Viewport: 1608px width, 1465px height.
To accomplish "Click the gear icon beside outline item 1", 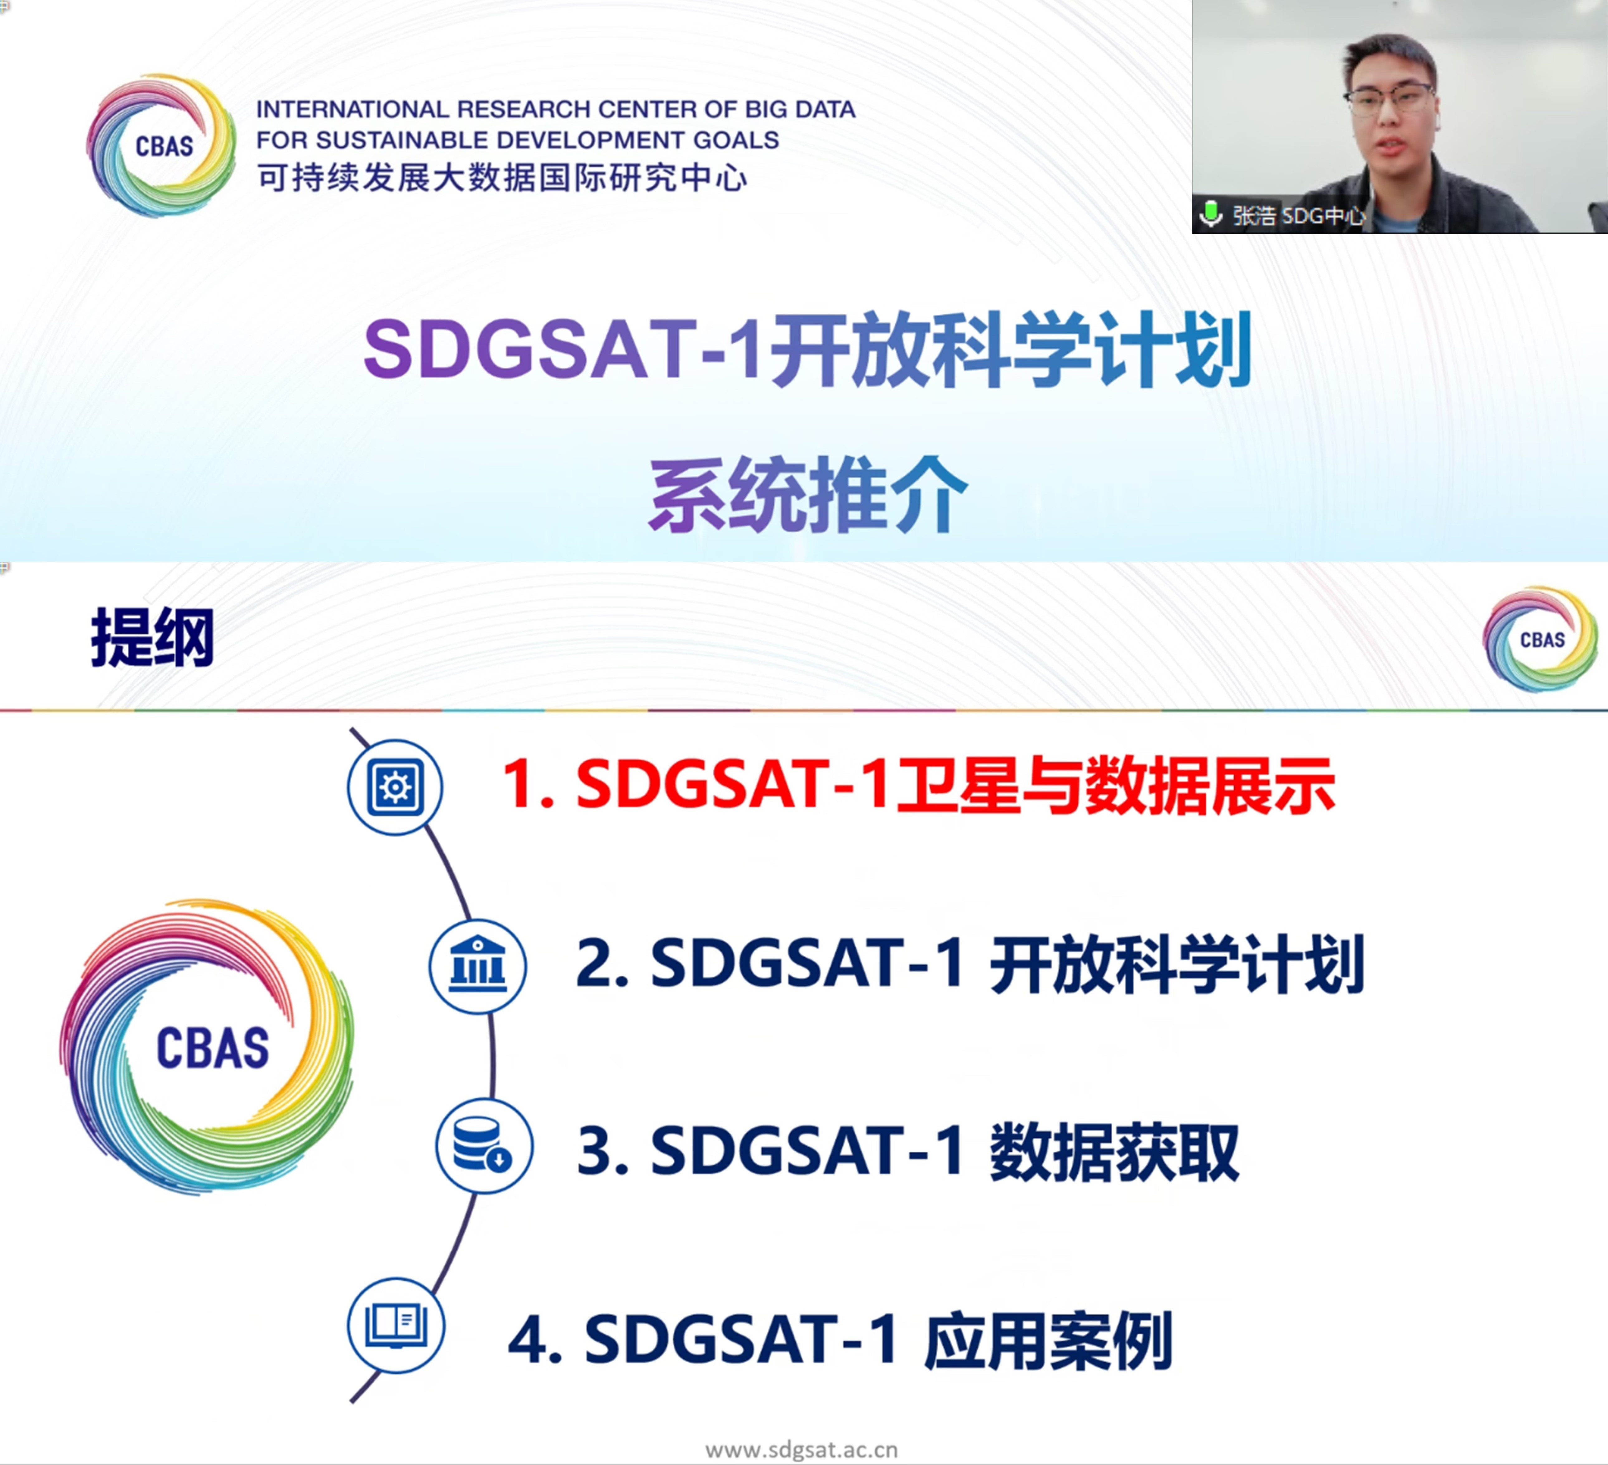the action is coord(395,787).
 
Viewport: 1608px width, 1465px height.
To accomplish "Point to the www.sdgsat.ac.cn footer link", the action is coord(802,1449).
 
